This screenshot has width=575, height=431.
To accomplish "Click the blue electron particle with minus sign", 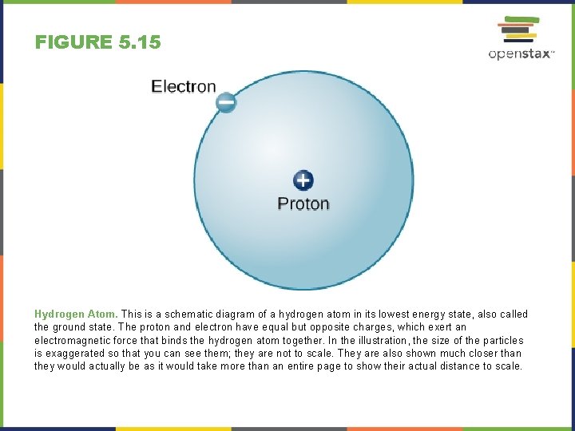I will [x=226, y=102].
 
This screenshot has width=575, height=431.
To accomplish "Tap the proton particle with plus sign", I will [x=303, y=180].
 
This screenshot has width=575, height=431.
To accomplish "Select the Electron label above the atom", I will [x=184, y=86].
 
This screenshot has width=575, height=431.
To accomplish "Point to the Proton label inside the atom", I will [x=303, y=204].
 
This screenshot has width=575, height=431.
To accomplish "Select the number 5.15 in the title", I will [x=140, y=42].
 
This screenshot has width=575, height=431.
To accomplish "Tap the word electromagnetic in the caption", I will [x=69, y=340].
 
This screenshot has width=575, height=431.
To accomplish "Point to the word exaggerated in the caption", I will [x=77, y=353].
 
